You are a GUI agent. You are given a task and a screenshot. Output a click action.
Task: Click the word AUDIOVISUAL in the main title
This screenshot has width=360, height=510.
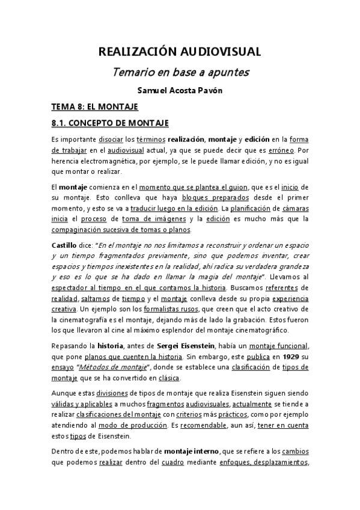(x=222, y=52)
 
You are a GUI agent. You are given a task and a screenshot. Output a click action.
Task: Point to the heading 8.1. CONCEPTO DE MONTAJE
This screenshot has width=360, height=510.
(x=109, y=123)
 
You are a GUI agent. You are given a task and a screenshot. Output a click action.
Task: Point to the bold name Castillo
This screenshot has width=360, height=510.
(x=67, y=246)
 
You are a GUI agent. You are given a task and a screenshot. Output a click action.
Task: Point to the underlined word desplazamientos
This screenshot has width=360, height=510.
(x=281, y=462)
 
